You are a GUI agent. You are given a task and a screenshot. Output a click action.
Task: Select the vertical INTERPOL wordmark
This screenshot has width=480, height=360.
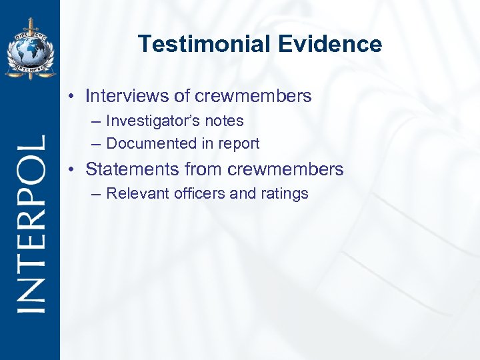30,223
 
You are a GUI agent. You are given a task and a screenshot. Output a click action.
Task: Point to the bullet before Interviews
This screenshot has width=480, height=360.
71,97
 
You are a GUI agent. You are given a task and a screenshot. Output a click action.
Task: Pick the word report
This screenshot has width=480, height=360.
238,143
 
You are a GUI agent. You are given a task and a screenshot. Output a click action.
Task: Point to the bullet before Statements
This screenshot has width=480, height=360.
71,170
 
